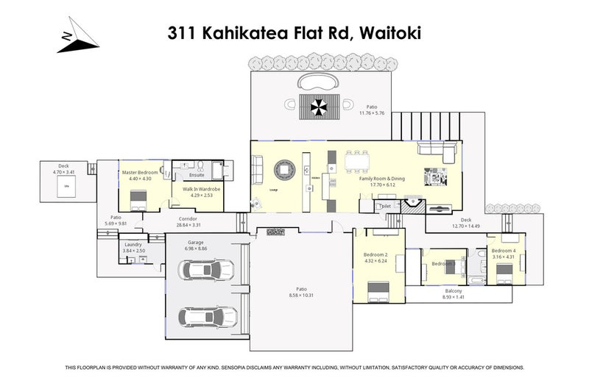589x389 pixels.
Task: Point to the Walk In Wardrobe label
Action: point(197,190)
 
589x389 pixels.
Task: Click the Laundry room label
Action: point(134,244)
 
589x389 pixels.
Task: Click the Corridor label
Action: point(188,219)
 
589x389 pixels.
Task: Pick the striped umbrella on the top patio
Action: point(318,108)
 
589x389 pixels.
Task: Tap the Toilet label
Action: point(384,207)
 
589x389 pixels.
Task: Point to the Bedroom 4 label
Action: point(504,251)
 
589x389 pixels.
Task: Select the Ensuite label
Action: point(197,175)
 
